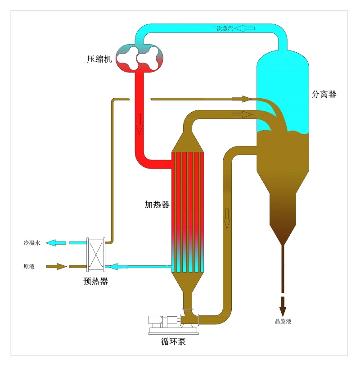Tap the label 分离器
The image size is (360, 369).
point(324,95)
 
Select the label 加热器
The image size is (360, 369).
point(157,205)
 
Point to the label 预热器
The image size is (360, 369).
point(95,282)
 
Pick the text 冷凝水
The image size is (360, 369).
point(32,243)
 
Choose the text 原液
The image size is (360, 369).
point(29,266)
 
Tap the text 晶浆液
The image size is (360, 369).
point(283,321)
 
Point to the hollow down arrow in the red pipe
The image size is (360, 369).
point(139,124)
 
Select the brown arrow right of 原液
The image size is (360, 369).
point(54,267)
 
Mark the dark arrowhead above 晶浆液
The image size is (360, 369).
point(283,310)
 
